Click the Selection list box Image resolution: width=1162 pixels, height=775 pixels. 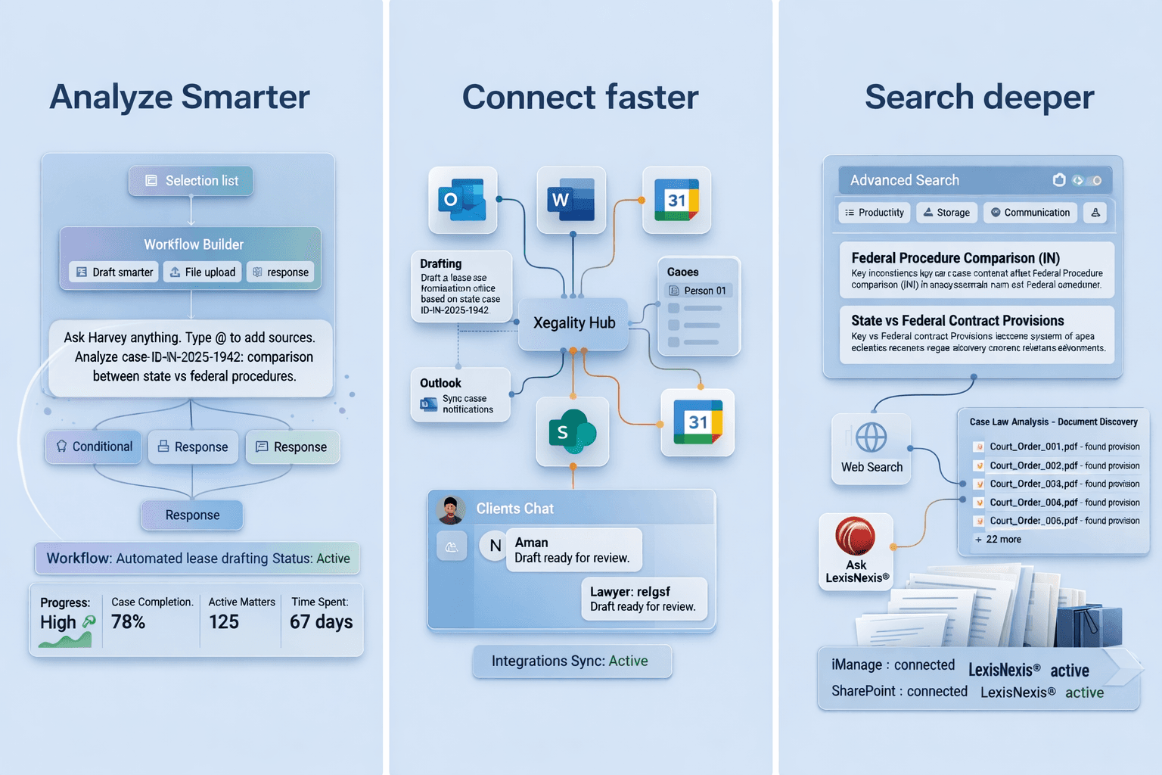191,181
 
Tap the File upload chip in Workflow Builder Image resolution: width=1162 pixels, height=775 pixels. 203,272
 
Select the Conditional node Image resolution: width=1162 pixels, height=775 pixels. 94,447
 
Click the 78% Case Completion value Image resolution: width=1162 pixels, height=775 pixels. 128,622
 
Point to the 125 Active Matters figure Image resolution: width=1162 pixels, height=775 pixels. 224,622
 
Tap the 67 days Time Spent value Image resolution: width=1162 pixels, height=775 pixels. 321,622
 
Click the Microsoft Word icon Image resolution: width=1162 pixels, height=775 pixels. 571,200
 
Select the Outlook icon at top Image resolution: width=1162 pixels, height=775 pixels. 462,200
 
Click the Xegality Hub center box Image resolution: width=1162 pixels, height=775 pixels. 573,323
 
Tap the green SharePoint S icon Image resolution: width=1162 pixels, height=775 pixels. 572,431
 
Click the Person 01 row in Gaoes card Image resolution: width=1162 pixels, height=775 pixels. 698,291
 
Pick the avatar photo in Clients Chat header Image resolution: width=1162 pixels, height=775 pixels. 451,510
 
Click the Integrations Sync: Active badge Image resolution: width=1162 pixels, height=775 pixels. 572,661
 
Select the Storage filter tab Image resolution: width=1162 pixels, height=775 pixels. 947,213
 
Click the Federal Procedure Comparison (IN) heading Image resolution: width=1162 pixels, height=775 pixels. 955,258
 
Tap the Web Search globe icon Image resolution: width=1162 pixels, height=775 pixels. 871,437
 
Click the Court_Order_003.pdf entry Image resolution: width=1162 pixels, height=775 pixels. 1033,484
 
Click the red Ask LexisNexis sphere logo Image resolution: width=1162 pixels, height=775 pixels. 855,535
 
